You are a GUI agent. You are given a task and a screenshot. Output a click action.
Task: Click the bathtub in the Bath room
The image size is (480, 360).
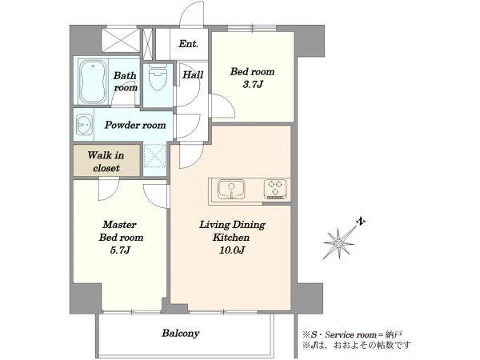93,82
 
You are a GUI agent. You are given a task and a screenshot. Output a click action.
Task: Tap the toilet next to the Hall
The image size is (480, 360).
158,77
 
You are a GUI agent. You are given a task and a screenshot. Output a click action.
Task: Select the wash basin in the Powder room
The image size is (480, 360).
84,125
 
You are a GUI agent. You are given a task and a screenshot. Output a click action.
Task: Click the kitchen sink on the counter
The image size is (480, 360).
231,190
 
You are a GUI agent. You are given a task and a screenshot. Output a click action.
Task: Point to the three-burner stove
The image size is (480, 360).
275,189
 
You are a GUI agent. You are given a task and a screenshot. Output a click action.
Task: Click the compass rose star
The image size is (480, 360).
338,243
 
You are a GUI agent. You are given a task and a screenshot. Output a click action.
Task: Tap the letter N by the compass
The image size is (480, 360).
361,221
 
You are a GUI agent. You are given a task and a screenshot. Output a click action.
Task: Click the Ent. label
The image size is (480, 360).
188,44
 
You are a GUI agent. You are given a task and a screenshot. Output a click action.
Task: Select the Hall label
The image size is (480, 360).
193,74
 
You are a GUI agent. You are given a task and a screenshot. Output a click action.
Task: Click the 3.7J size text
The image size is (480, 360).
253,85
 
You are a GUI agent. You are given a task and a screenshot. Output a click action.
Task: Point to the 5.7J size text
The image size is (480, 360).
120,250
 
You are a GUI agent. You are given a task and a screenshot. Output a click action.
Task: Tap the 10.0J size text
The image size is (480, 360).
231,250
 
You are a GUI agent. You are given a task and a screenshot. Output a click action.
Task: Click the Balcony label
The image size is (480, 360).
181,333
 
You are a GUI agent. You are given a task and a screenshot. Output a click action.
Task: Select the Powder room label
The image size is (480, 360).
135,125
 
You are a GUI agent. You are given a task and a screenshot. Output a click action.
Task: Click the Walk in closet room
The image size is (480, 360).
106,161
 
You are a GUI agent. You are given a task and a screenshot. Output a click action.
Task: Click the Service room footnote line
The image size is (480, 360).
352,334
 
